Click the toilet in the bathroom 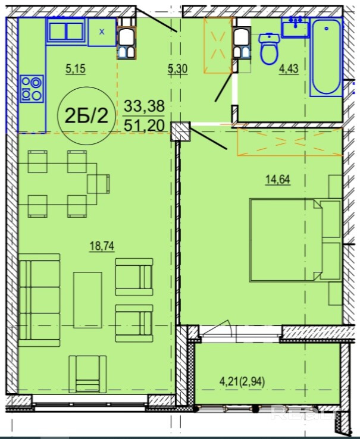click(x=269, y=49)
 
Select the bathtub click(x=327, y=57)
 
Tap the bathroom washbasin click(x=295, y=27)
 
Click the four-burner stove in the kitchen click(x=32, y=89)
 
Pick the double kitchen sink click(x=66, y=31)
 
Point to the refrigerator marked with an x click(x=102, y=32)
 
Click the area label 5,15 click(x=76, y=68)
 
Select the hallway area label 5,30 click(x=177, y=69)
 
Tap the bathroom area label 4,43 click(x=289, y=69)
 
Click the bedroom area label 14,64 click(x=278, y=179)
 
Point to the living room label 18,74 click(x=102, y=246)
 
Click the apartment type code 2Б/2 click(x=86, y=115)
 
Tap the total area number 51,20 click(x=144, y=126)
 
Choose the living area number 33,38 click(x=144, y=106)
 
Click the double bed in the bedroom click(x=295, y=240)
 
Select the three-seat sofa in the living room click(x=39, y=300)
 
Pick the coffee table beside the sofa click(x=87, y=300)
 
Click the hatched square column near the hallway click(x=181, y=131)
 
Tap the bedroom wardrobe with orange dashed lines click(x=290, y=142)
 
